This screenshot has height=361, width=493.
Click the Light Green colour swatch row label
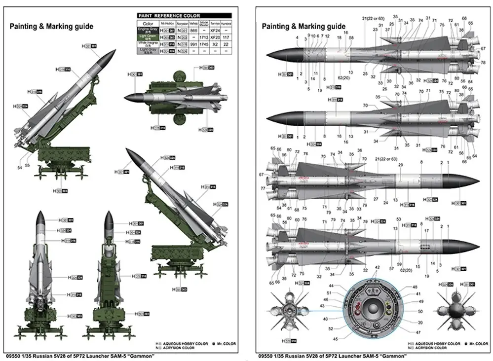click(x=148, y=37)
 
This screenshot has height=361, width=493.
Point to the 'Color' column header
click(x=148, y=23)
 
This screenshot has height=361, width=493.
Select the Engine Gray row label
click(x=148, y=30)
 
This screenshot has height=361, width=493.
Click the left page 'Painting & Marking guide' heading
click(x=51, y=26)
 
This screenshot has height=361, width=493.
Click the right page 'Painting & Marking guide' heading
click(x=303, y=26)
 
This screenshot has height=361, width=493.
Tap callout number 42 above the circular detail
click(x=377, y=267)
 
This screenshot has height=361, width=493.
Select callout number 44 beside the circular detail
click(x=331, y=286)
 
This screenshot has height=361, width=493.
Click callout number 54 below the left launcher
click(x=20, y=168)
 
